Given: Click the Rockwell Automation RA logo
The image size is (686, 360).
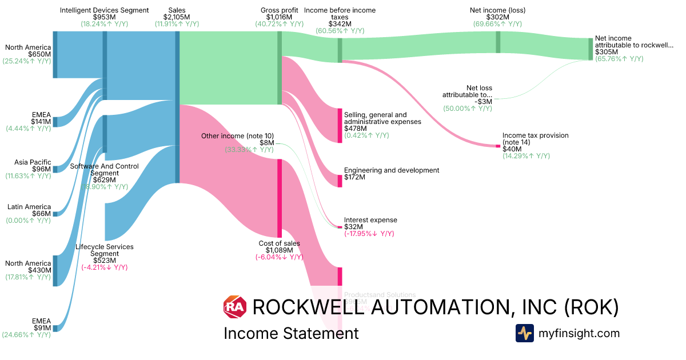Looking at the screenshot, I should [234, 307].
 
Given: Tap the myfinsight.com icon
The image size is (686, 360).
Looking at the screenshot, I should [524, 333].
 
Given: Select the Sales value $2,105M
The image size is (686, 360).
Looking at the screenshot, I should [177, 17].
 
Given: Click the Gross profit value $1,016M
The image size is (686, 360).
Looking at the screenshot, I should [279, 17].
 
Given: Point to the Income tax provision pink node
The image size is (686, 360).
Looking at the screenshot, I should [498, 147].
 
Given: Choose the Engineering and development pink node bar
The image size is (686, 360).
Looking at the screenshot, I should [340, 181].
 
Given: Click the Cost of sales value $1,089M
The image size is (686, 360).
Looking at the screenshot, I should [279, 250].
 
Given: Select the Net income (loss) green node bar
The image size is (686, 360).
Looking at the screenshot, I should [498, 42].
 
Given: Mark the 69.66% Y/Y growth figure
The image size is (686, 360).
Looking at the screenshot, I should [497, 24].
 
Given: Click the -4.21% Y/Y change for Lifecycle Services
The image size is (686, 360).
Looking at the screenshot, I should [104, 267].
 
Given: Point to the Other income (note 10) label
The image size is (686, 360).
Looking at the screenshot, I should [237, 135].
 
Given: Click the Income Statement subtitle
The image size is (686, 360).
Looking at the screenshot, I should [291, 333].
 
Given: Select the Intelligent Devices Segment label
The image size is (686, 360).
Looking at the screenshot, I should [104, 10].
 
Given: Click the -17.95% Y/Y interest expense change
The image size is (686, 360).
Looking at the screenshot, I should [369, 234].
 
